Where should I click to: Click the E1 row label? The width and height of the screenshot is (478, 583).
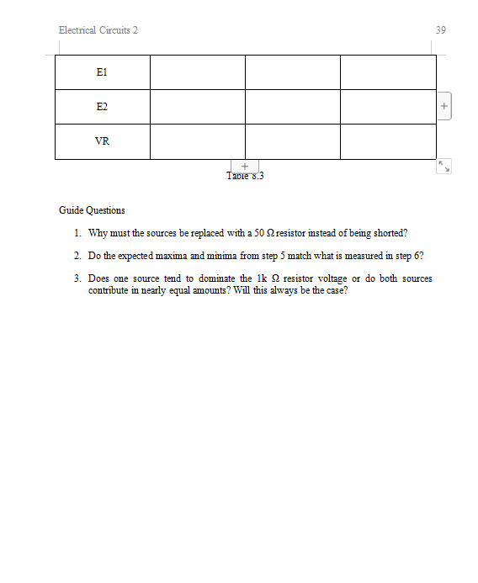[x=102, y=73]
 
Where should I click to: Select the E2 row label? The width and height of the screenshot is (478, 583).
[x=102, y=108]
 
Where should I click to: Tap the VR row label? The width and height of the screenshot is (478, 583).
[x=102, y=141]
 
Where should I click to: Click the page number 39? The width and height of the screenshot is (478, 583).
[x=441, y=30]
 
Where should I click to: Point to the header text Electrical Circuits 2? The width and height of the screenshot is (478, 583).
[x=98, y=30]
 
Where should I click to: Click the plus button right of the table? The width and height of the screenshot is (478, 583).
[x=445, y=107]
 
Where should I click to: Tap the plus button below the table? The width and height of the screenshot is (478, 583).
[x=244, y=167]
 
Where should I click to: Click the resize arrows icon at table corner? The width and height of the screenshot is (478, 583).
[x=444, y=167]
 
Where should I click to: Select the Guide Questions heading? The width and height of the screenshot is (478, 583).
[x=92, y=210]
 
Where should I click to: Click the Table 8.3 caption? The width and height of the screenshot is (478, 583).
[x=246, y=176]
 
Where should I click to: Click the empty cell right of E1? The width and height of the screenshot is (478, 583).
[x=197, y=73]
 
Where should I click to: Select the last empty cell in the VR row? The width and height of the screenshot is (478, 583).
[x=388, y=141]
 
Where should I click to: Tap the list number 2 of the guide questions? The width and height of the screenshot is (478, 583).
[x=77, y=255]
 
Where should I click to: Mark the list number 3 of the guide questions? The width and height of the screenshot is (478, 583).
[x=77, y=278]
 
